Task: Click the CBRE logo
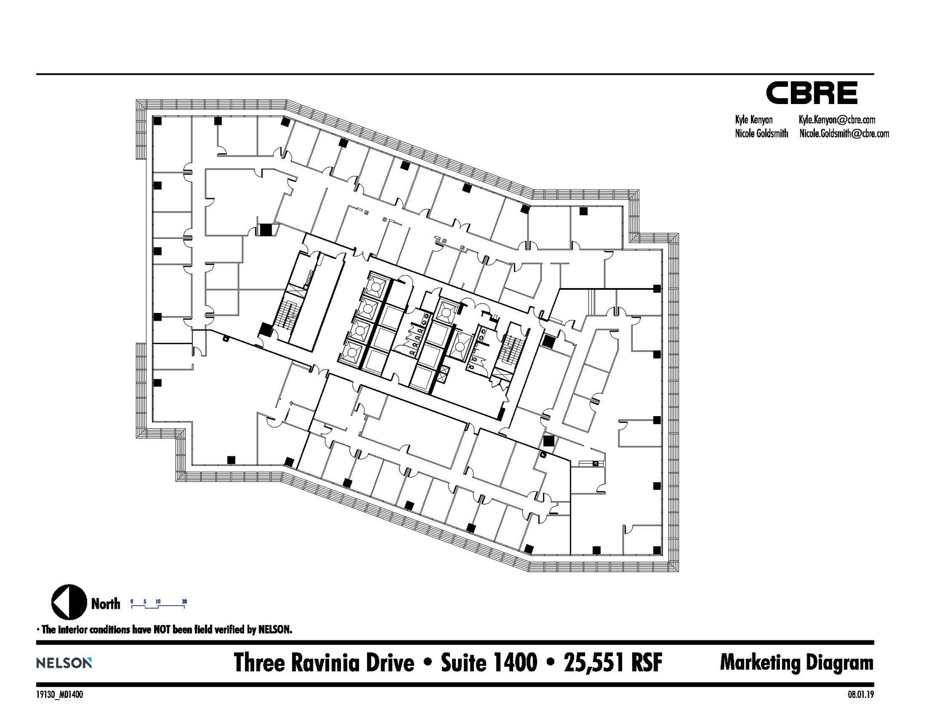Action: pos(811,93)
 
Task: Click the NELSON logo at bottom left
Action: pos(64,663)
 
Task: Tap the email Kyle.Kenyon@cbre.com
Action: pos(836,120)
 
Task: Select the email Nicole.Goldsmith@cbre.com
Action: pos(844,133)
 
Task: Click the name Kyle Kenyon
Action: pos(754,120)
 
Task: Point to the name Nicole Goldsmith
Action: pos(761,133)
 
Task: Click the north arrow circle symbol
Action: pos(69,602)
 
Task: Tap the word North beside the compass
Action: pos(105,604)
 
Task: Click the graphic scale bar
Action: pos(158,604)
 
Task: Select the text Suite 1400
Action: pos(489,663)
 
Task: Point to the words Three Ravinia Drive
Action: pos(324,663)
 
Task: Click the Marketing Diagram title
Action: pos(796,663)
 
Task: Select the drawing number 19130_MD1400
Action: pos(59,695)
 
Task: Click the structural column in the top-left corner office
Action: pos(157,121)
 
